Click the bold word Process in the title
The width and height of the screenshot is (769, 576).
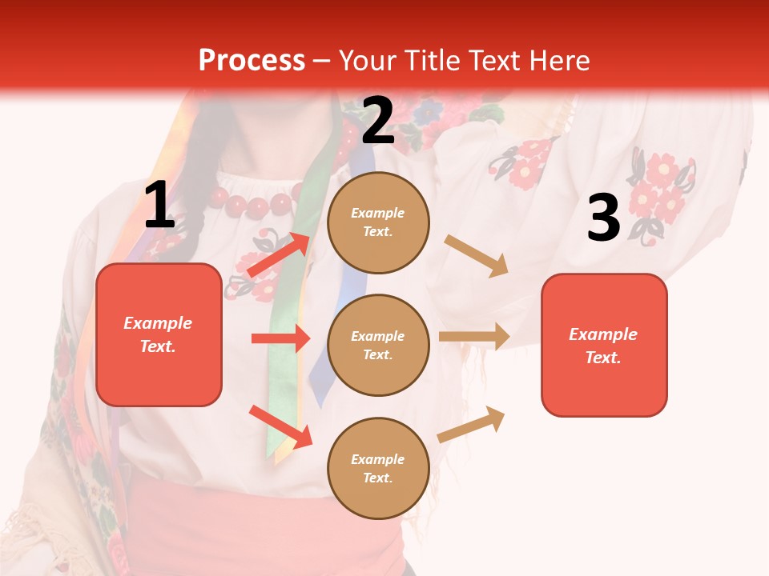252,60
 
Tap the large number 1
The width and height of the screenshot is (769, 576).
159,205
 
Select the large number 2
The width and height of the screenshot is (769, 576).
378,121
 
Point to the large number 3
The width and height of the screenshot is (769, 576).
603,218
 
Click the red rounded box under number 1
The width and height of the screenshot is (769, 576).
159,334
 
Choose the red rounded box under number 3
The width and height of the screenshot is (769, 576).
604,345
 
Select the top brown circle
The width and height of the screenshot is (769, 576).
378,222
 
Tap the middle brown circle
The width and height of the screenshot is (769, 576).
378,345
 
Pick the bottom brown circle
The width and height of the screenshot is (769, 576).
378,468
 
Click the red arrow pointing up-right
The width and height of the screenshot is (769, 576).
279,254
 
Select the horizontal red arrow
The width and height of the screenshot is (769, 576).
280,338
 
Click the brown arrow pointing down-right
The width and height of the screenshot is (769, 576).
477,256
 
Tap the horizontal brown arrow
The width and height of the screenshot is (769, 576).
474,337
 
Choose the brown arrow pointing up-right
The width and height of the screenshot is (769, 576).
472,424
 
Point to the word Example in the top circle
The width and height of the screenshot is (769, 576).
378,214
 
